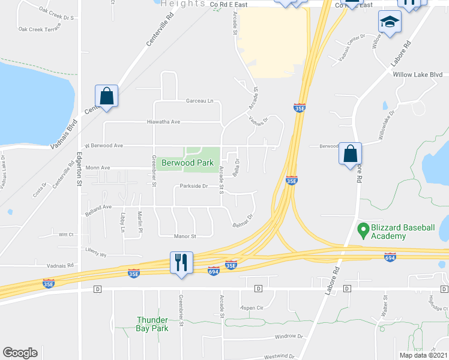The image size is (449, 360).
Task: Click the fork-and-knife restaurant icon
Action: tap(180, 263)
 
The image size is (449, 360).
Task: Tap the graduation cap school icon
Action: tap(390, 23)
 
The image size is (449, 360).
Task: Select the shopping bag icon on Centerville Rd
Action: tap(106, 97)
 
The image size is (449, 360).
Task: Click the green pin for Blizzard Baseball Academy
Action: tap(363, 229)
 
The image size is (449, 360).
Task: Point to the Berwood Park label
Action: tap(186, 163)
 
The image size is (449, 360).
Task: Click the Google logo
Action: tap(20, 353)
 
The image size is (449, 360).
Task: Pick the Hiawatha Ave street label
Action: tap(164, 122)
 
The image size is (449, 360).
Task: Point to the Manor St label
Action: tap(185, 236)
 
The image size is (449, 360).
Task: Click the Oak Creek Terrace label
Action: tap(38, 29)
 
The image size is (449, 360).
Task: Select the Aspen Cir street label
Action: tap(252, 307)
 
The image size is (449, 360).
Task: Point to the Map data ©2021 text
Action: tap(423, 355)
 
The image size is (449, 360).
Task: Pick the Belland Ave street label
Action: tap(98, 207)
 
